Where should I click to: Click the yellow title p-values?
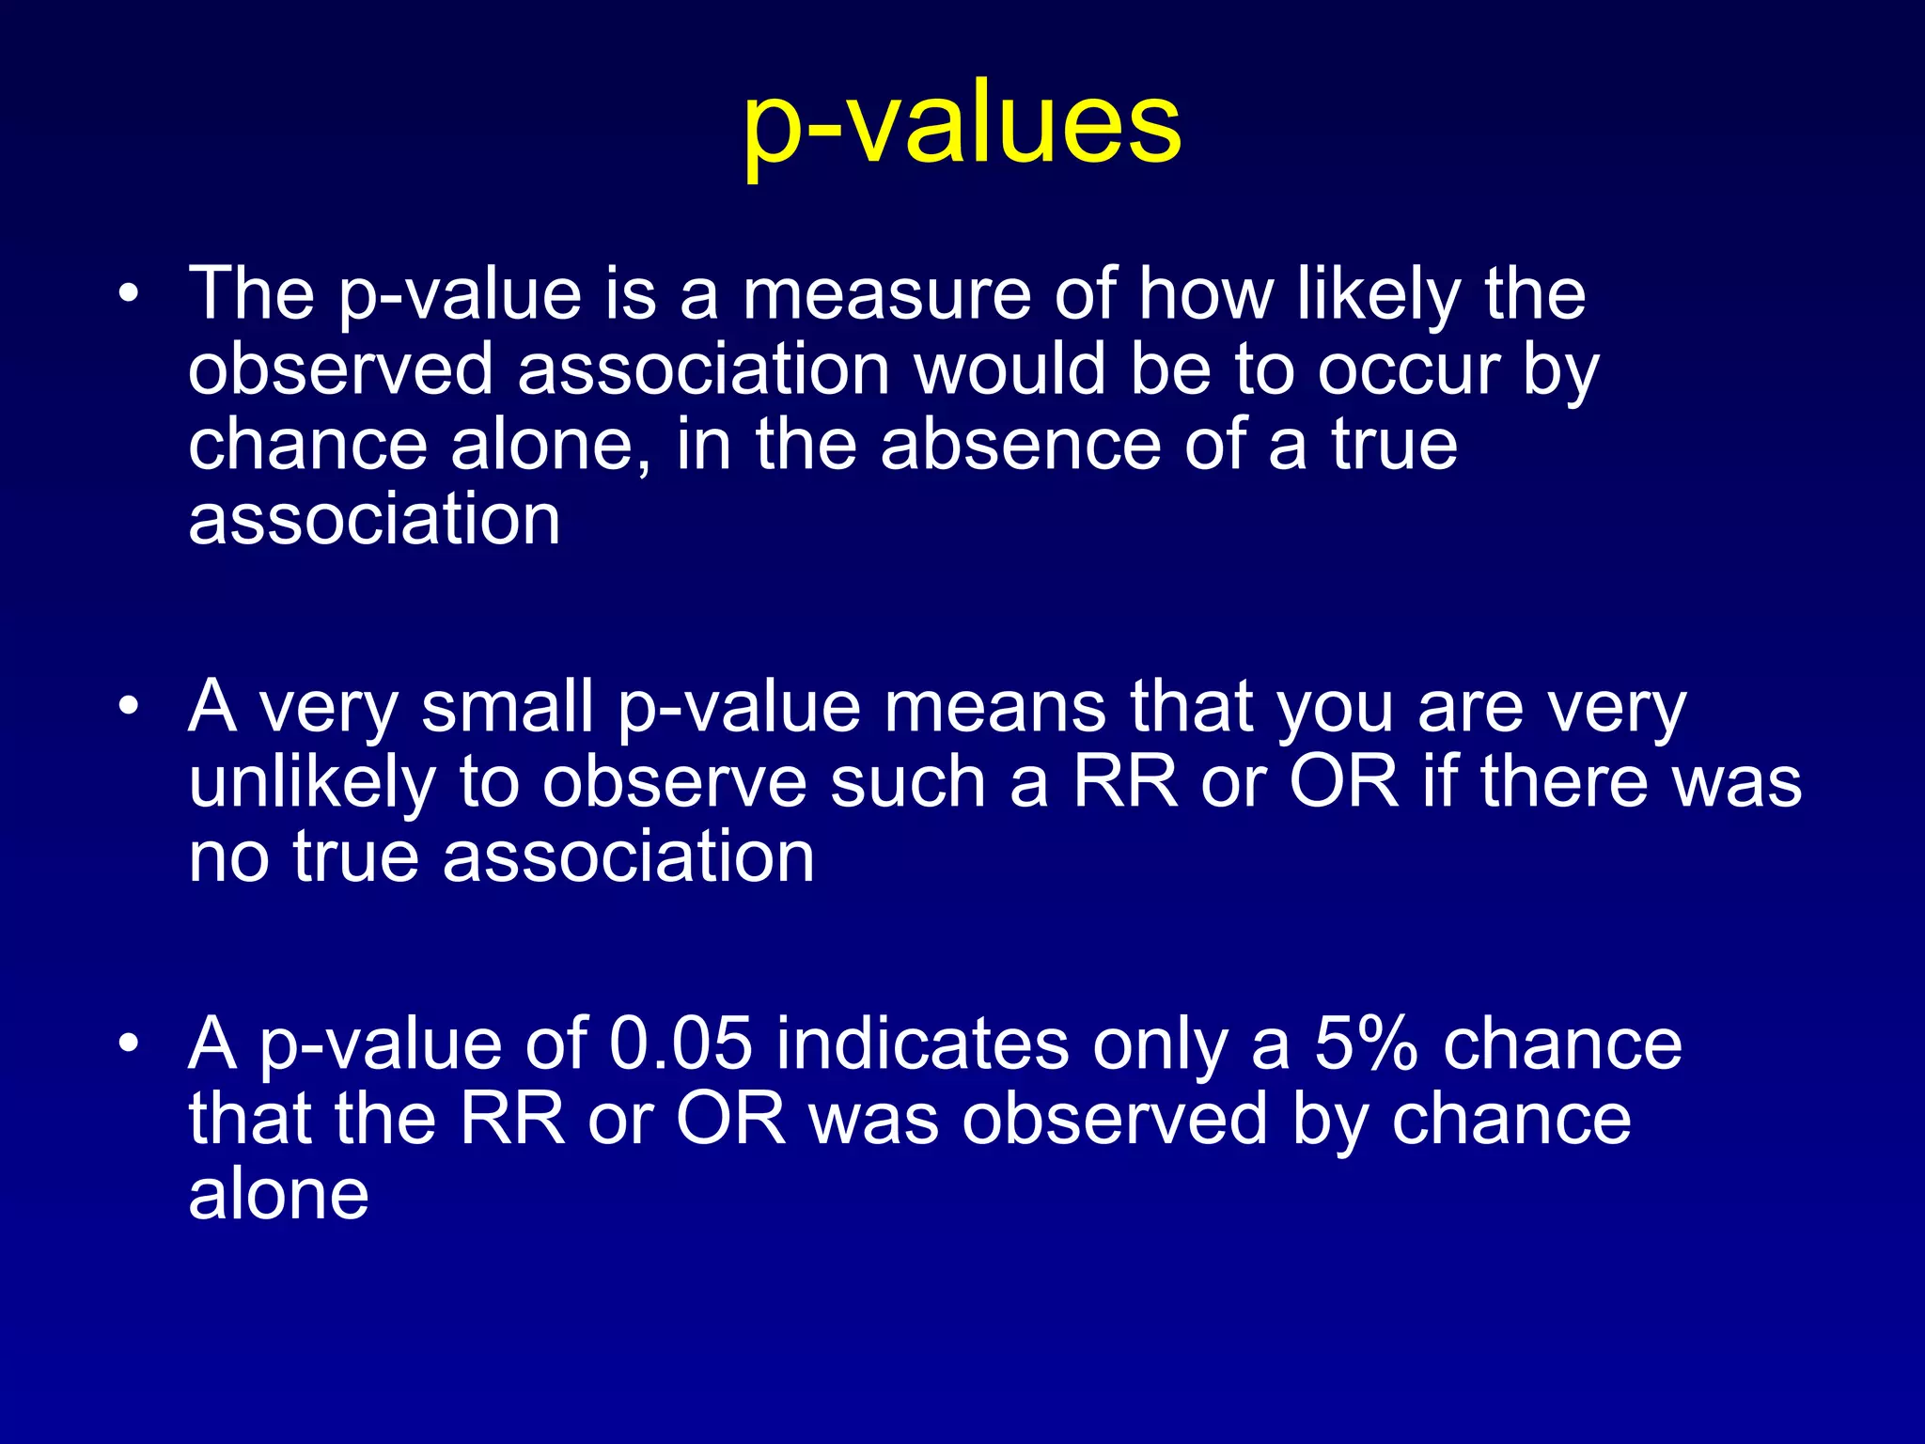(962, 127)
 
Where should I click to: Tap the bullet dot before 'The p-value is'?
(129, 295)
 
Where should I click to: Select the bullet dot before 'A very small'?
(129, 707)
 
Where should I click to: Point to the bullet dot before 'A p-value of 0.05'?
(129, 1044)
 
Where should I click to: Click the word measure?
(886, 295)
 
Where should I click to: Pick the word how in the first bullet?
(1206, 295)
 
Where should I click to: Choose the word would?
(1010, 369)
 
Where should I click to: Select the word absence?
(1021, 445)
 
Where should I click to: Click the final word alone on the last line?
(278, 1195)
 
